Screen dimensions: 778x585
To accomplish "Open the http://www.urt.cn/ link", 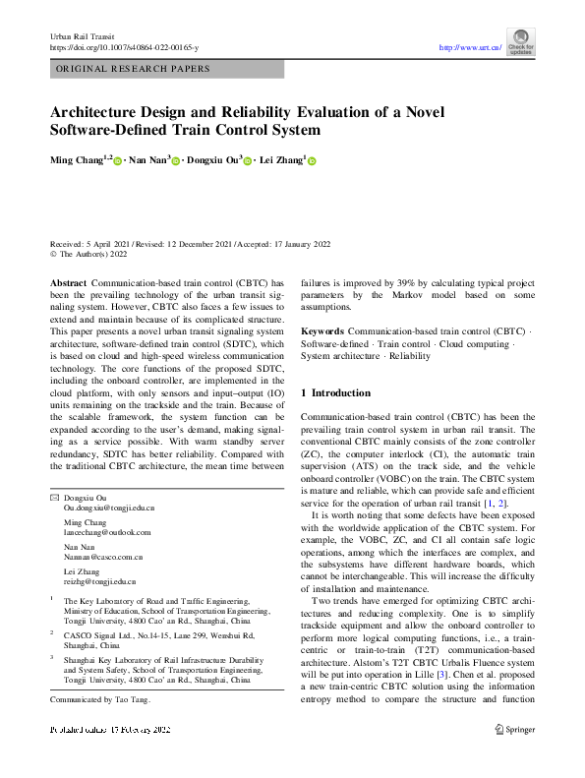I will pyautogui.click(x=470, y=46).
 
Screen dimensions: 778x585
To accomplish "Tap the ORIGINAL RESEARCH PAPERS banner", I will pyautogui.click(x=134, y=69).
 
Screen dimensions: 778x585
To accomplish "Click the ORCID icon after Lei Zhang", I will pyautogui.click(x=313, y=159).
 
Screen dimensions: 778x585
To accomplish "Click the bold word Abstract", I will pyautogui.click(x=68, y=281).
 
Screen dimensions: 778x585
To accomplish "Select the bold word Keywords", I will pyautogui.click(x=322, y=332).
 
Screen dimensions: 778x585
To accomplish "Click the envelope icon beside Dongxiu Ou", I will pyautogui.click(x=54, y=498).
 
